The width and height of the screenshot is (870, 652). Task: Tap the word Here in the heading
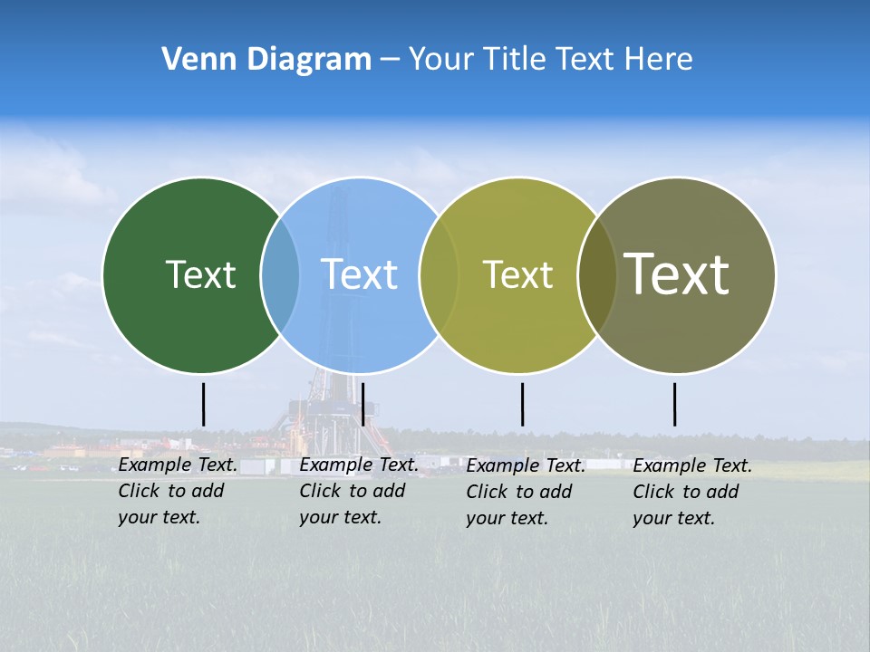coord(659,60)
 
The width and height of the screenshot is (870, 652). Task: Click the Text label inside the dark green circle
coord(200,274)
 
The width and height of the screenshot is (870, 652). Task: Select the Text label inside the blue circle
coord(359,274)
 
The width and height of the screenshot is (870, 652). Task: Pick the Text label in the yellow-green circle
coord(517,274)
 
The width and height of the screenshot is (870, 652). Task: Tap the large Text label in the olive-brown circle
coord(677,274)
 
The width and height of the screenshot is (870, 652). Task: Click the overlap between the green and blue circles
coord(280,274)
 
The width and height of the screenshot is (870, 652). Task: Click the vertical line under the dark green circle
coord(204,404)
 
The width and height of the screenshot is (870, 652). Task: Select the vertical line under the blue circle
coord(362,404)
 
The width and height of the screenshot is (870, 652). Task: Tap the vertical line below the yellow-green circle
coord(522,404)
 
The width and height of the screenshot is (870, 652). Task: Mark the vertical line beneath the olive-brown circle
coord(674,404)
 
